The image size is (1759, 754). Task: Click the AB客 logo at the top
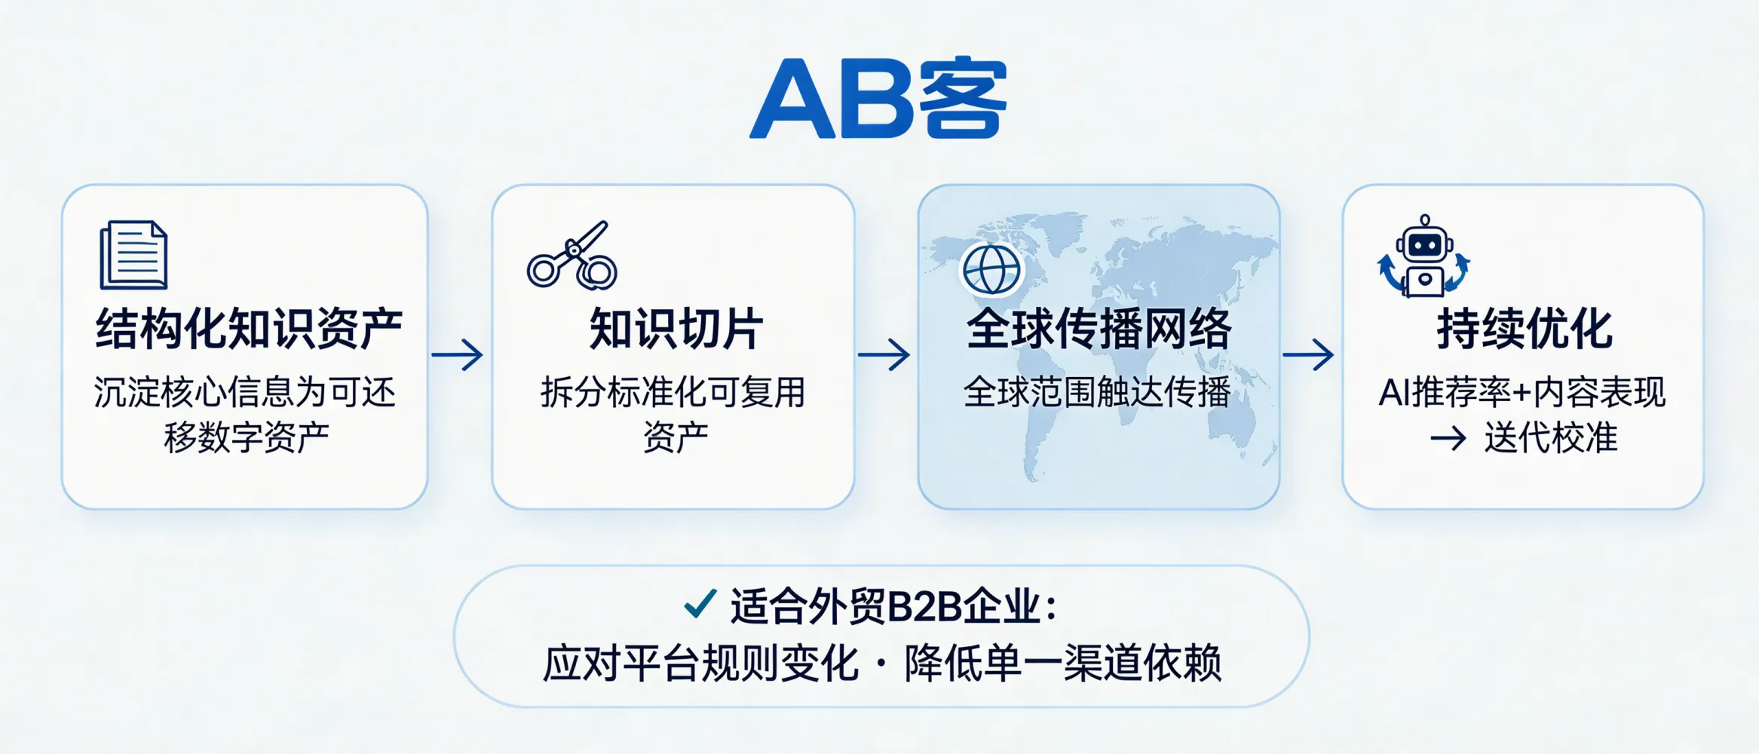878,99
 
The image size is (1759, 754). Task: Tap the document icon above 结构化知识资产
133,255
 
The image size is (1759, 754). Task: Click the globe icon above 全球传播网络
991,269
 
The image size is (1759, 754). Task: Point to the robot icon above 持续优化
1423,256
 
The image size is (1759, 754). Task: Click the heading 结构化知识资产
249,329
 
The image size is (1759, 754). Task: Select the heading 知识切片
676,329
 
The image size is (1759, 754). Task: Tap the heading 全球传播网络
1099,329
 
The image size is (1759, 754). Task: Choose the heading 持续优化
1525,329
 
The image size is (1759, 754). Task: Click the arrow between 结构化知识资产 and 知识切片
458,354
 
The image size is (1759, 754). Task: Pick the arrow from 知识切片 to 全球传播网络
884,354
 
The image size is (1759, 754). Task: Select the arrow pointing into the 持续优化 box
1308,354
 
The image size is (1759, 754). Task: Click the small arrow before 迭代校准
1448,438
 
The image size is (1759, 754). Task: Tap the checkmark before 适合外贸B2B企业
700,604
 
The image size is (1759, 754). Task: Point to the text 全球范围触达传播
1097,392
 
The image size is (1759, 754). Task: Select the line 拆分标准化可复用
673,392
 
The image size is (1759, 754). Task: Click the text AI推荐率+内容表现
1522,392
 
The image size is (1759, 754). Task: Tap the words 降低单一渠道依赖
1063,664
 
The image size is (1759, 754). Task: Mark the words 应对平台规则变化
701,664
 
